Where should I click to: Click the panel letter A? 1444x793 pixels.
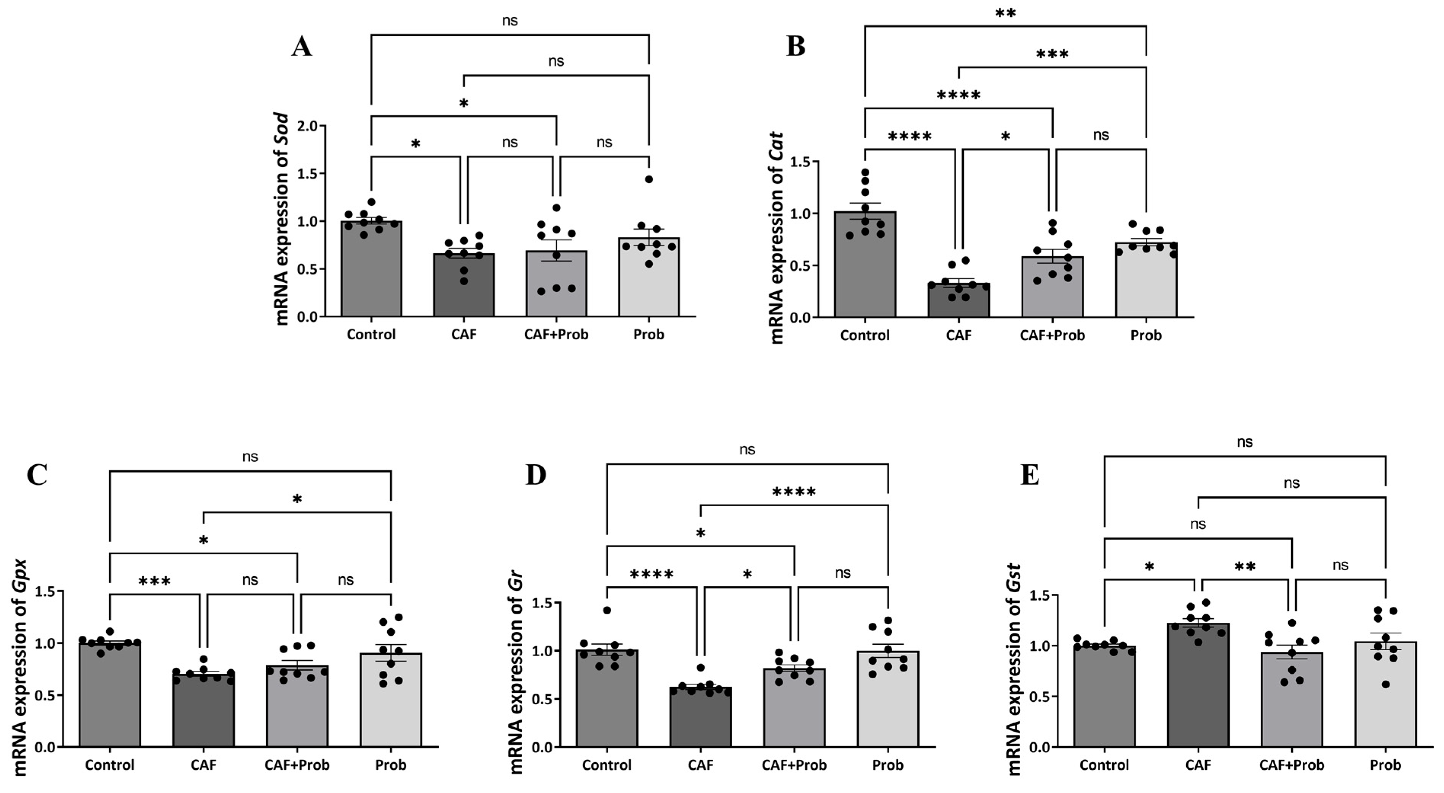click(x=302, y=46)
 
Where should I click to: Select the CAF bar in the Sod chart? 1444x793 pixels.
click(x=463, y=286)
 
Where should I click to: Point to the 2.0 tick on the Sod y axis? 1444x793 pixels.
click(x=308, y=126)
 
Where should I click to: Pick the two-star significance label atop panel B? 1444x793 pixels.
click(x=1005, y=13)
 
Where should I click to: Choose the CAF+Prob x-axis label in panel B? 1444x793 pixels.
click(x=1052, y=336)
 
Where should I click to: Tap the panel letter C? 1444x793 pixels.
click(x=37, y=475)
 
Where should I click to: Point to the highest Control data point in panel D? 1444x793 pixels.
click(x=607, y=610)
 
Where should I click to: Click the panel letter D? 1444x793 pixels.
click(x=535, y=475)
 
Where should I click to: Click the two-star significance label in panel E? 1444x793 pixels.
click(x=1244, y=566)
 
